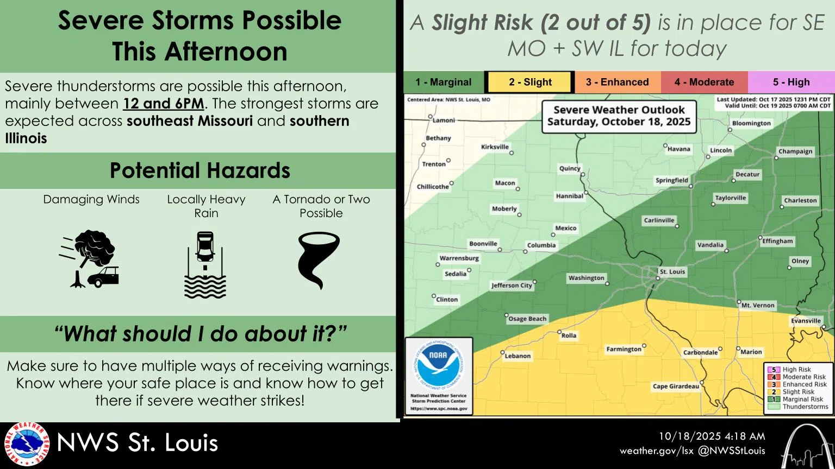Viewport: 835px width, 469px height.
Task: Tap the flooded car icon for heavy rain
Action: pos(205,265)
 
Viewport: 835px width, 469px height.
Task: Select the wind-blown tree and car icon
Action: pos(90,259)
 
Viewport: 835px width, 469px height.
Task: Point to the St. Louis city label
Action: pos(672,271)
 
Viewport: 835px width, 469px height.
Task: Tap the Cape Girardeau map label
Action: pos(676,386)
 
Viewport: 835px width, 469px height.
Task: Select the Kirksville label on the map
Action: pos(495,147)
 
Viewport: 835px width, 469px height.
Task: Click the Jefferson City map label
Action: pos(512,286)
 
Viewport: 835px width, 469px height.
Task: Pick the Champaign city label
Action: pos(795,151)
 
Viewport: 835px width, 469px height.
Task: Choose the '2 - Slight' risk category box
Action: pos(529,83)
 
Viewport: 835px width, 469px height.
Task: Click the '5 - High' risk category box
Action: pos(791,83)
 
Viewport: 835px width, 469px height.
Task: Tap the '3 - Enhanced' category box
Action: pos(617,83)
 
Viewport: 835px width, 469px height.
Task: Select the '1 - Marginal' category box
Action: pos(443,83)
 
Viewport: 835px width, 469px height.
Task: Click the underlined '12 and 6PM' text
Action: pos(164,104)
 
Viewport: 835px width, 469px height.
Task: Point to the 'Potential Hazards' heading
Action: pos(200,170)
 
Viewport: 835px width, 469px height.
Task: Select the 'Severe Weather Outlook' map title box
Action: pos(619,116)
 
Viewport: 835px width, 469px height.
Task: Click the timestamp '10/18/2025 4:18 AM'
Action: pos(712,436)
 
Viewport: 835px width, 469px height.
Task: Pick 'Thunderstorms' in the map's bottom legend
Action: pos(805,407)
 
